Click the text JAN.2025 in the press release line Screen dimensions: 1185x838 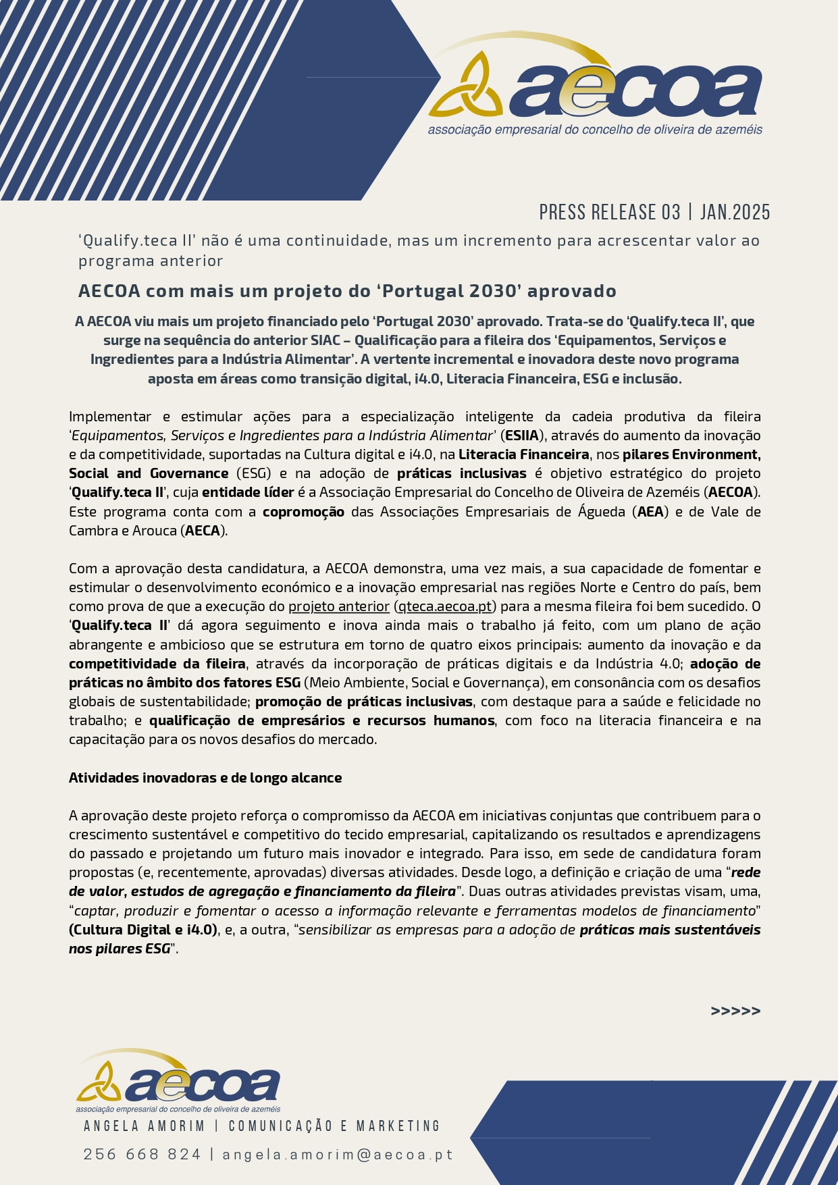pyautogui.click(x=735, y=212)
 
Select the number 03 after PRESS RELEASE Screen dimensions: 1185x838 pyautogui.click(x=671, y=212)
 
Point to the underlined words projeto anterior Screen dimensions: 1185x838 pyautogui.click(x=338, y=606)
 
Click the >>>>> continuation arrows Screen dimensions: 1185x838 pyautogui.click(x=735, y=1011)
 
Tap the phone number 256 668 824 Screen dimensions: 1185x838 pyautogui.click(x=142, y=1154)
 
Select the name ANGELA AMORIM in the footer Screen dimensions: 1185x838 pyautogui.click(x=144, y=1126)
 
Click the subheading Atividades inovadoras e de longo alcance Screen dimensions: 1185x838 pyautogui.click(x=205, y=778)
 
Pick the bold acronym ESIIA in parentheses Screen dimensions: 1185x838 pyautogui.click(x=522, y=436)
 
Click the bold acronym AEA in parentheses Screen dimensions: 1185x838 pyautogui.click(x=650, y=512)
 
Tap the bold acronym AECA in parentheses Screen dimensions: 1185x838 pyautogui.click(x=203, y=531)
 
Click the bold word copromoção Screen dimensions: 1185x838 pyautogui.click(x=303, y=512)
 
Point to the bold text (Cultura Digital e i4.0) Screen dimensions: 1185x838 pyautogui.click(x=143, y=930)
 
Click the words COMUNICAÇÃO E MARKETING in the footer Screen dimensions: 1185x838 pyautogui.click(x=334, y=1126)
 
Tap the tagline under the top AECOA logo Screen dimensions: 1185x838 pyautogui.click(x=594, y=129)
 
